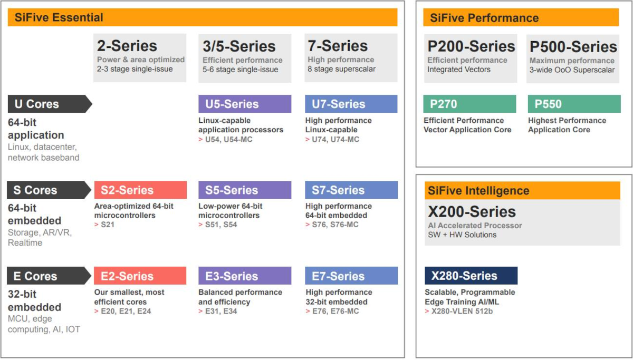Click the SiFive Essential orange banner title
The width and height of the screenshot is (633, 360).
pyautogui.click(x=59, y=17)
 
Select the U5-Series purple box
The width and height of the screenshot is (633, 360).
pyautogui.click(x=245, y=104)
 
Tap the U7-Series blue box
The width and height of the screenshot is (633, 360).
pyautogui.click(x=351, y=104)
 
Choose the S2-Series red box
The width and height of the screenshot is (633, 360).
pyautogui.click(x=140, y=190)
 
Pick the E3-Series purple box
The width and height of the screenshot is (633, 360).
pyautogui.click(x=245, y=276)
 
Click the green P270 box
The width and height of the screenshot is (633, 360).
pyautogui.click(x=469, y=104)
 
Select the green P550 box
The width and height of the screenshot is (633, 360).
pyautogui.click(x=574, y=104)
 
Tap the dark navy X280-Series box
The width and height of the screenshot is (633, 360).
pyautogui.click(x=471, y=276)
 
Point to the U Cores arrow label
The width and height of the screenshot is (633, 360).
pyautogui.click(x=50, y=104)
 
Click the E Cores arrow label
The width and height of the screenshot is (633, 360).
pyautogui.click(x=49, y=276)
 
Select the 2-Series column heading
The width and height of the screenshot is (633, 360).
pyautogui.click(x=127, y=46)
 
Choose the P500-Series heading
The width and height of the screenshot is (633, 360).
pyautogui.click(x=573, y=46)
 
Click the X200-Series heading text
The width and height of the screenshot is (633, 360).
pyautogui.click(x=472, y=212)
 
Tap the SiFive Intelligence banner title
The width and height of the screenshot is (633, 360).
pyautogui.click(x=478, y=191)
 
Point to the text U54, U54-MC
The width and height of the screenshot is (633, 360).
pyautogui.click(x=228, y=140)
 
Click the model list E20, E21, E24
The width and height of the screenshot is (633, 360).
pyautogui.click(x=126, y=311)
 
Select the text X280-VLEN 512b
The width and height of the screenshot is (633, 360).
pyautogui.click(x=462, y=311)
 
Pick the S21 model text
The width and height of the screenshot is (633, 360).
pyautogui.click(x=108, y=225)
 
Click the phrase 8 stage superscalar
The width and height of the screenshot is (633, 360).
pyautogui.click(x=341, y=69)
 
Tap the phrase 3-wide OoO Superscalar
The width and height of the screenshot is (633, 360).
pyautogui.click(x=572, y=70)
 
